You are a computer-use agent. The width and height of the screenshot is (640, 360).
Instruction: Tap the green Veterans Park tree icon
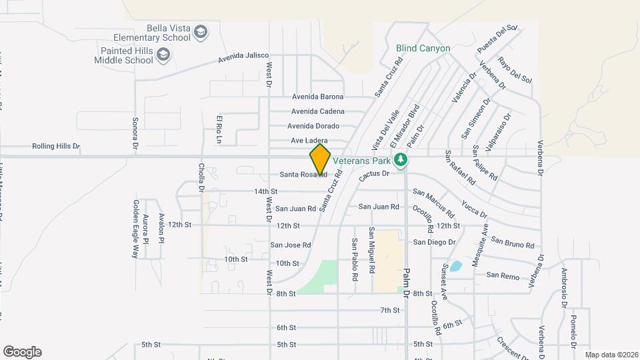(x=400, y=159)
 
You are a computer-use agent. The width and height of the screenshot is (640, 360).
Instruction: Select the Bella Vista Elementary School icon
(x=201, y=31)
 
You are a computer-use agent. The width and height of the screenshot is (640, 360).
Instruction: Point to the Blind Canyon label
(x=423, y=49)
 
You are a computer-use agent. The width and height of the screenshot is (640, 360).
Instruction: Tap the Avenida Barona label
(x=318, y=97)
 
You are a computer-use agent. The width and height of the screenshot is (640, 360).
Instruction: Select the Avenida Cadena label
(x=318, y=111)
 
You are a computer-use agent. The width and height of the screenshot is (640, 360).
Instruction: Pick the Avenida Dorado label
(x=313, y=126)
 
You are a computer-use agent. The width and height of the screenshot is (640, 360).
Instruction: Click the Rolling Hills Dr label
(x=55, y=146)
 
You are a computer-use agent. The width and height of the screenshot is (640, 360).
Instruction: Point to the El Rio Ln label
(x=218, y=128)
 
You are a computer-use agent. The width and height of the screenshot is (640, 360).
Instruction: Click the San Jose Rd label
(x=290, y=245)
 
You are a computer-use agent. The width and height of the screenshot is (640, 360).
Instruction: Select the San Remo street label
(x=502, y=275)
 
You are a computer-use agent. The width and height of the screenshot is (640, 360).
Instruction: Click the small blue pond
(x=455, y=267)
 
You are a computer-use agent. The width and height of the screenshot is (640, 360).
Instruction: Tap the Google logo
(x=22, y=352)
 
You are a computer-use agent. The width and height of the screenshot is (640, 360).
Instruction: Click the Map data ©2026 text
(x=611, y=355)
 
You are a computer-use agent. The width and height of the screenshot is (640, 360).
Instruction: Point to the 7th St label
(x=390, y=310)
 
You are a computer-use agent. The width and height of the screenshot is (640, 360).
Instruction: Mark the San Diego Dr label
(x=435, y=242)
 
